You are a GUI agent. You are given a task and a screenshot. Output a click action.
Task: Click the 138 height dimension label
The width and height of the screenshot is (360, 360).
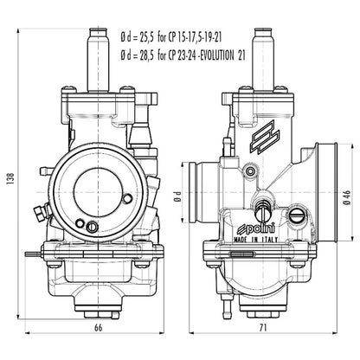point(9,177)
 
